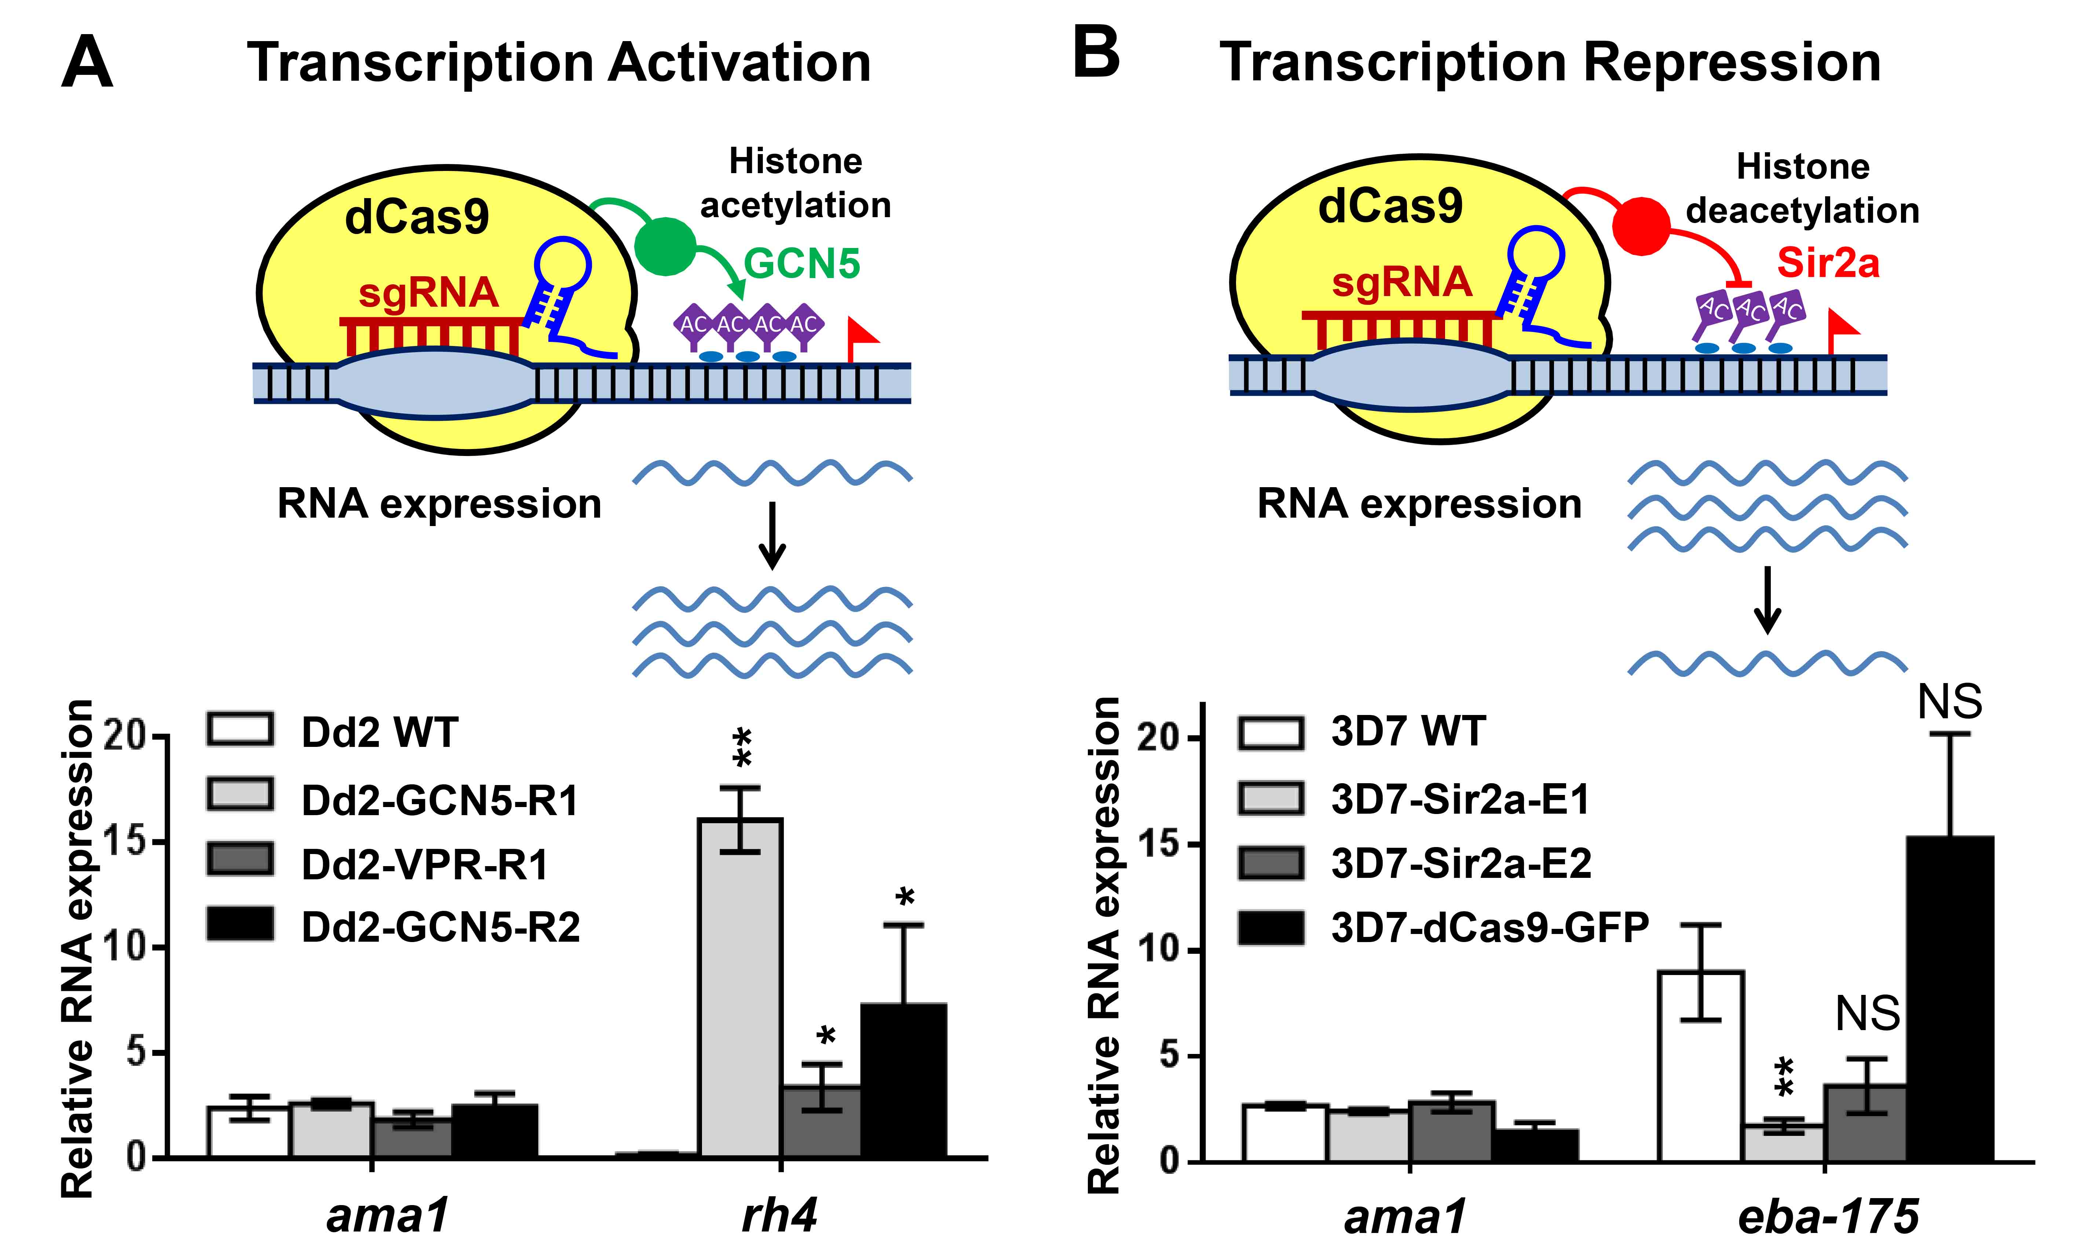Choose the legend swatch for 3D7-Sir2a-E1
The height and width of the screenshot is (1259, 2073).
tap(1271, 798)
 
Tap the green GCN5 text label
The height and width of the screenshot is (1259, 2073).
tap(802, 263)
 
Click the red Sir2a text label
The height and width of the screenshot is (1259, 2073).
tap(1827, 263)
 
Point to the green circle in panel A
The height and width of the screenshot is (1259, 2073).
tap(665, 246)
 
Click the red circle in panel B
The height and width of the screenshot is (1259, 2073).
tap(1641, 226)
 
